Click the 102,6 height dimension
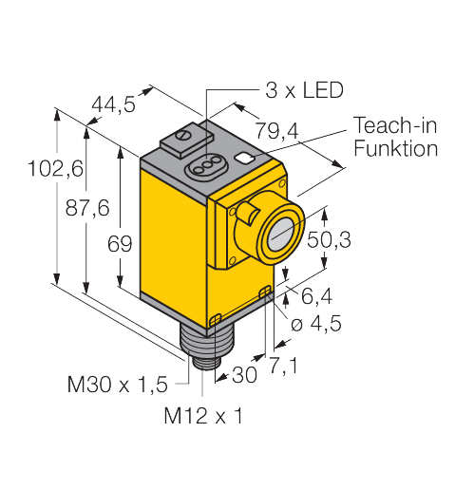[x=55, y=168]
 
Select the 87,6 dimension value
[x=87, y=208]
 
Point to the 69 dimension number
[x=120, y=244]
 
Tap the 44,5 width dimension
[x=113, y=104]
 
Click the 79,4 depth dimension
[x=276, y=131]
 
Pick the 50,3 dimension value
[x=329, y=239]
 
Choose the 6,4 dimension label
[x=316, y=296]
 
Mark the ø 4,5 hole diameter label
[x=316, y=324]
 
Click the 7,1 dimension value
[x=283, y=366]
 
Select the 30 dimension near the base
[x=244, y=375]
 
